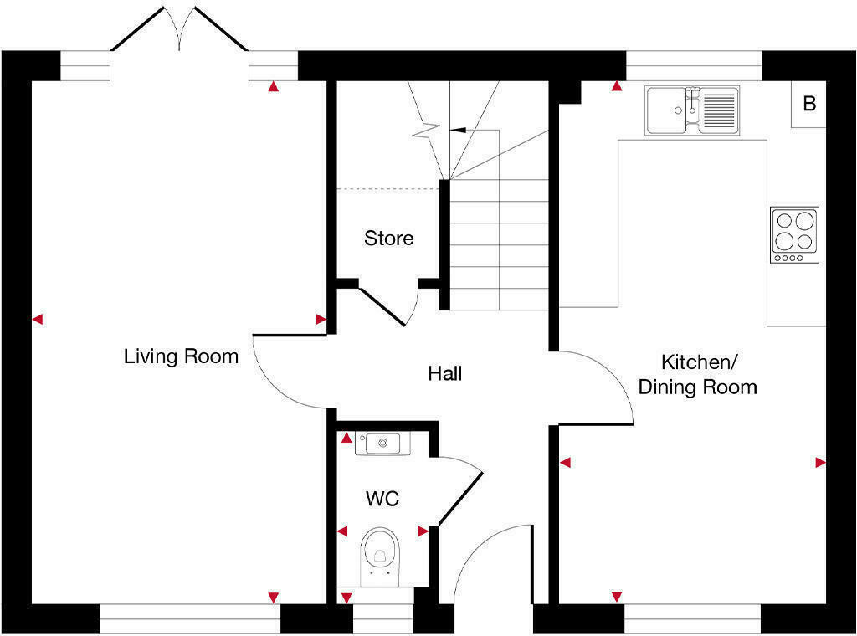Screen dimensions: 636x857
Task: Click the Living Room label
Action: click(181, 356)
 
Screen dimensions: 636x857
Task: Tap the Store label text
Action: click(388, 238)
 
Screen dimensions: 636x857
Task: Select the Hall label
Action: click(444, 373)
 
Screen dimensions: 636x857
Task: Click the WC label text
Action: click(382, 500)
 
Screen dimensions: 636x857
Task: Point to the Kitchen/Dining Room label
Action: click(697, 375)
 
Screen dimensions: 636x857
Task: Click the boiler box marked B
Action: click(808, 105)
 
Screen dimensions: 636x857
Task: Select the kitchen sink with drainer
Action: click(691, 110)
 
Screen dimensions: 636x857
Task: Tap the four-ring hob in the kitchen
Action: click(794, 235)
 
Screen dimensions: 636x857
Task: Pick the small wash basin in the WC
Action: click(382, 443)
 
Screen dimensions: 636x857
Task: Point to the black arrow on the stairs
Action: click(458, 131)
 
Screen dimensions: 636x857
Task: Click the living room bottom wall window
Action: click(189, 618)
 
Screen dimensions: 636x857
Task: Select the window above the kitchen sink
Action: click(694, 65)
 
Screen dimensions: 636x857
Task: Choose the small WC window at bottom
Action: click(382, 618)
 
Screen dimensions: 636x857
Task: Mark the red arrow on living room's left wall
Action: click(37, 319)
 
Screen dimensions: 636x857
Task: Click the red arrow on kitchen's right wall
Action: click(820, 462)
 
